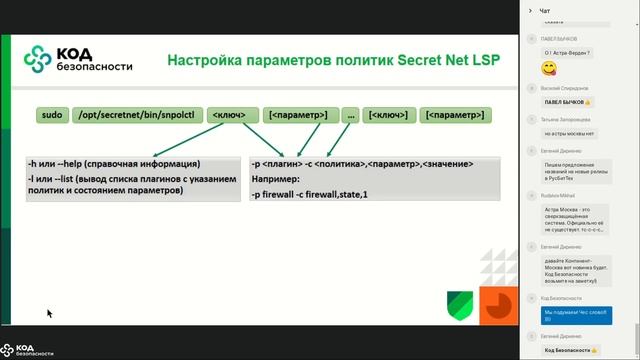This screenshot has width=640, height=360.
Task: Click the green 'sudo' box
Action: click(x=52, y=115)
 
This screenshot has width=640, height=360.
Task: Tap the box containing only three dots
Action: click(x=350, y=115)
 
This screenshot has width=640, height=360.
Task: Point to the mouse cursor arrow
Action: click(x=49, y=314)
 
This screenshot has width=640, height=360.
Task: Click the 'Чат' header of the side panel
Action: click(x=544, y=11)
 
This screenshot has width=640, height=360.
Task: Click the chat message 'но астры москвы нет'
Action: click(x=569, y=133)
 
